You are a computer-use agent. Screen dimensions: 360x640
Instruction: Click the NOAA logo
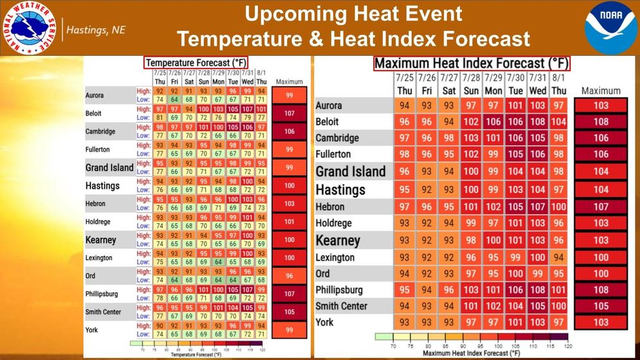tap(610, 28)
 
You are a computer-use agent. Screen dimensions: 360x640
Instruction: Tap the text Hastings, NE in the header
tap(97, 30)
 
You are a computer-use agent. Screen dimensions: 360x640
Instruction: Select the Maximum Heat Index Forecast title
tap(470, 63)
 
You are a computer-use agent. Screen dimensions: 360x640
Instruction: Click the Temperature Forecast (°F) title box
tap(195, 62)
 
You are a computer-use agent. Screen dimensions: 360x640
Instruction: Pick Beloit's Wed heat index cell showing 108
tap(537, 122)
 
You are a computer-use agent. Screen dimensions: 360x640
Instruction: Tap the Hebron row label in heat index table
tap(330, 207)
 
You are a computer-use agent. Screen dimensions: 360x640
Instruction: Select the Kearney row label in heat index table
tap(338, 240)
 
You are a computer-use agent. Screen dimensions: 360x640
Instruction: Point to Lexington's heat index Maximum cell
tap(601, 258)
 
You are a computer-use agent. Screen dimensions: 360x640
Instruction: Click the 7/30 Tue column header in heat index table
tap(515, 84)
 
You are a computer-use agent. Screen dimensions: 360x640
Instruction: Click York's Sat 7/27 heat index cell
tap(449, 322)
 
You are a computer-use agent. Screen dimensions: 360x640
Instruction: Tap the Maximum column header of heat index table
tap(601, 91)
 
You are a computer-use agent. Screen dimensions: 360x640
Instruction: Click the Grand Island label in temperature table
tap(109, 168)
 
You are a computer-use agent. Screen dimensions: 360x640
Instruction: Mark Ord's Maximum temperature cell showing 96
tap(290, 276)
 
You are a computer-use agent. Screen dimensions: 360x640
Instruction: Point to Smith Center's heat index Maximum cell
tap(601, 307)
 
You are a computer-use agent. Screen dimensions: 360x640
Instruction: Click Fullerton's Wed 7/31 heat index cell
tap(537, 154)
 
